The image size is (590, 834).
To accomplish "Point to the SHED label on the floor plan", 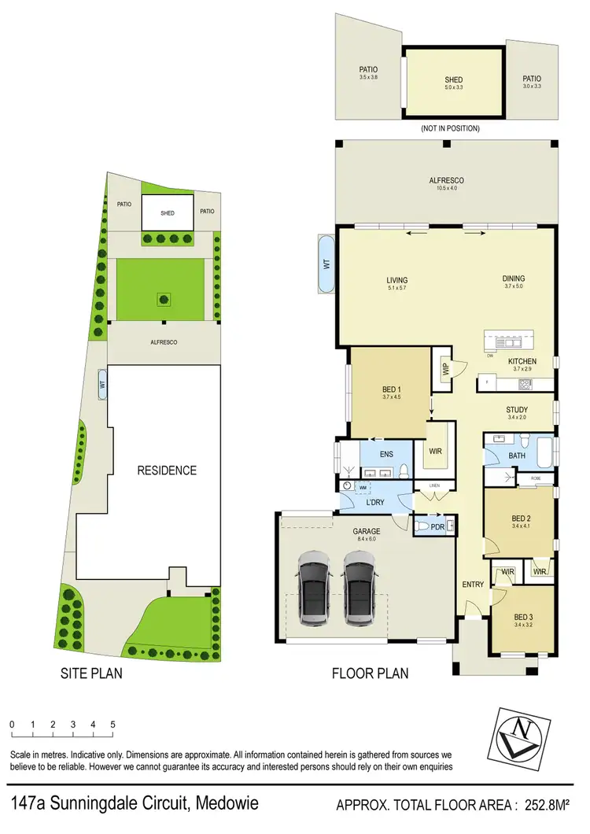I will tap(453, 79).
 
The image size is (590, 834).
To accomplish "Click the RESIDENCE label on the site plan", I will tap(167, 471).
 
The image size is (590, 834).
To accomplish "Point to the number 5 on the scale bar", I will tap(113, 724).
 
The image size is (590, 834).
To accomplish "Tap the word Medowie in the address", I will tap(223, 804).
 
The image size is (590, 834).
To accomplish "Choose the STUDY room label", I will tap(516, 410).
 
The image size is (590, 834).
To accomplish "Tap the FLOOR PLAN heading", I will tap(371, 673).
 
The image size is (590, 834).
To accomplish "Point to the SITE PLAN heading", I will tap(92, 673).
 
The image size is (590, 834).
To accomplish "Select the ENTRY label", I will tap(473, 584).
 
